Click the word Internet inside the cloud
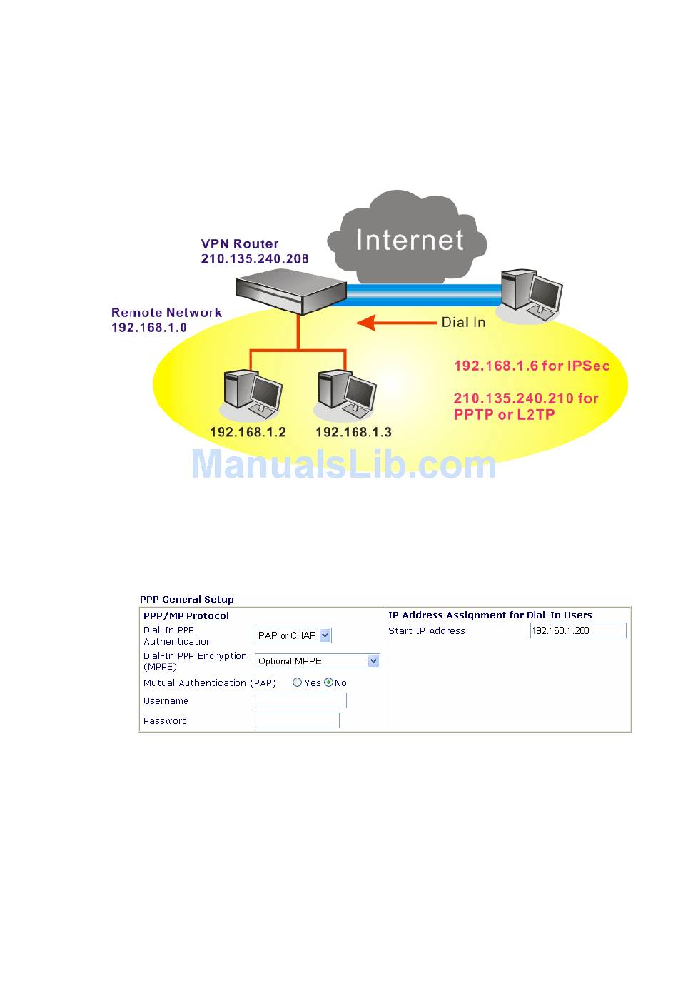click(410, 240)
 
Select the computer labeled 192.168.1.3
click(347, 393)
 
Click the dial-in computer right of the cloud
click(531, 293)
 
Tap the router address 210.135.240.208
click(255, 259)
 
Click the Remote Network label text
click(166, 313)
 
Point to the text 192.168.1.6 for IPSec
click(532, 366)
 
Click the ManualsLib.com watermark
click(343, 465)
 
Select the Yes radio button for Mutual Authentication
click(297, 683)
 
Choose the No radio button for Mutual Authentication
click(328, 683)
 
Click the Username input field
click(300, 701)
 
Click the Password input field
click(297, 721)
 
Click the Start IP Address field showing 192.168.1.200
click(577, 630)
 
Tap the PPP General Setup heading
click(187, 600)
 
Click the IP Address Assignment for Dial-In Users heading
click(490, 615)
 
